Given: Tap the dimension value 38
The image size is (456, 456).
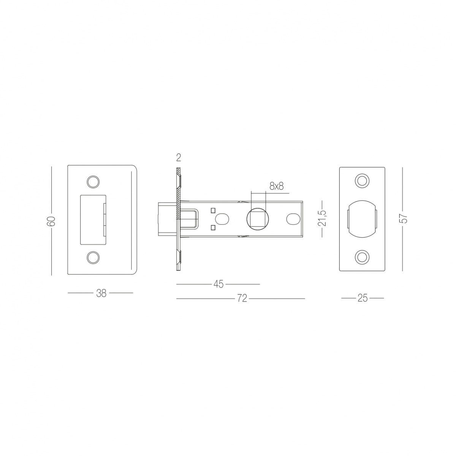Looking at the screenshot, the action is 101,293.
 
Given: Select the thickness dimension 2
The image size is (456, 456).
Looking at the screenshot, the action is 179,158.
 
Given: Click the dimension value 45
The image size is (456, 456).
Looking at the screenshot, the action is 218,284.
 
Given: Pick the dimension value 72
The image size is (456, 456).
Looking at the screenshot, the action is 242,298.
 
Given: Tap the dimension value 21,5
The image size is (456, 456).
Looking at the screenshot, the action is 322,218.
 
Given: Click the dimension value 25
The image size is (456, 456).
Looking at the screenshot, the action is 362,298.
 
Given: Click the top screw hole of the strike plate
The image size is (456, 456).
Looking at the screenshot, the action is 93,182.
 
